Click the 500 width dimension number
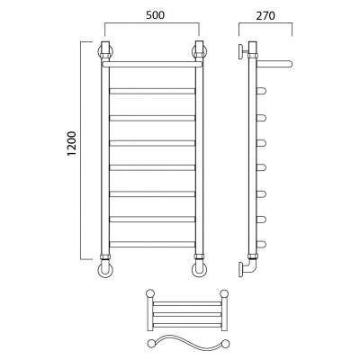click(x=155, y=15)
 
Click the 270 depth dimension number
click(x=265, y=15)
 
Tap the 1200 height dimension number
click(x=72, y=144)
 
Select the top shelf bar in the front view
click(x=152, y=64)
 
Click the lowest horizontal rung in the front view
click(x=152, y=244)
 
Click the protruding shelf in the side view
click(x=274, y=64)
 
